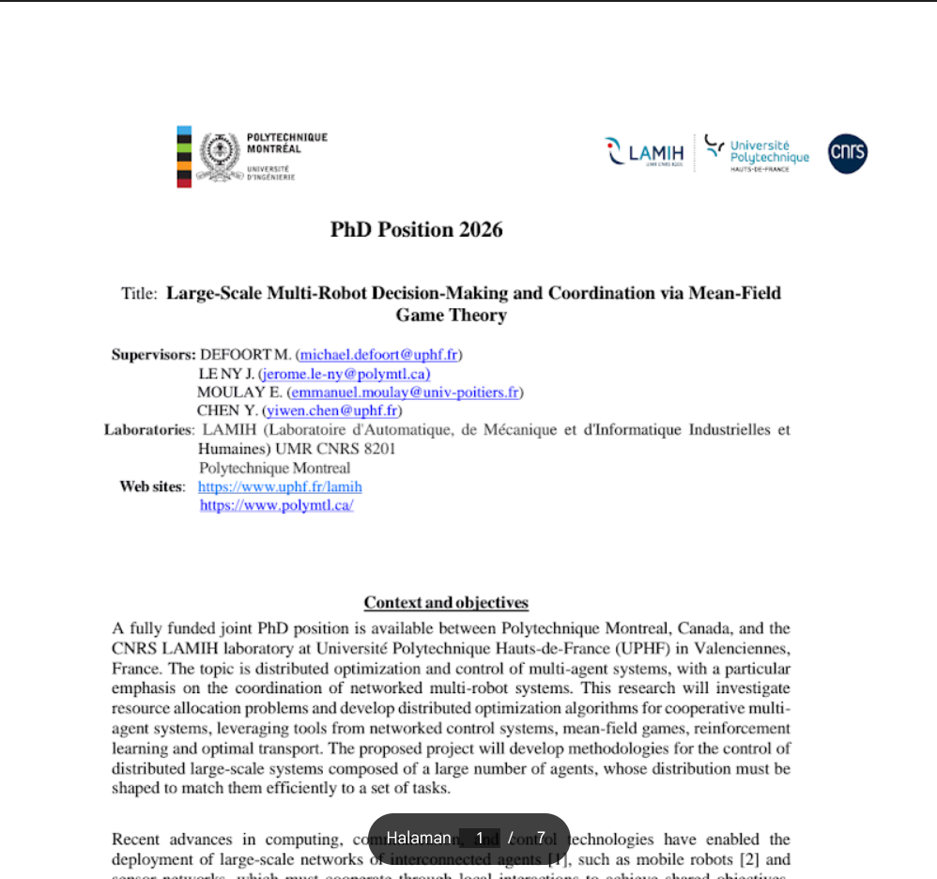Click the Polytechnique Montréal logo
252,156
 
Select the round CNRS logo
847,154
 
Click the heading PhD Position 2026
416,230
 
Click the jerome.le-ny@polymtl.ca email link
345,374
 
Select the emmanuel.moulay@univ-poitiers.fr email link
406,393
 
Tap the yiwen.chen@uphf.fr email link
332,411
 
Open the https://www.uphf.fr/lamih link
280,486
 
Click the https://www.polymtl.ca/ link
277,505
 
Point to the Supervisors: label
153,355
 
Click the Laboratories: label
148,430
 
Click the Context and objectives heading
446,603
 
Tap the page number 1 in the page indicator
480,838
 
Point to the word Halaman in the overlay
419,838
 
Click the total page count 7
541,838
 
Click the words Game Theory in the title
451,316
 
